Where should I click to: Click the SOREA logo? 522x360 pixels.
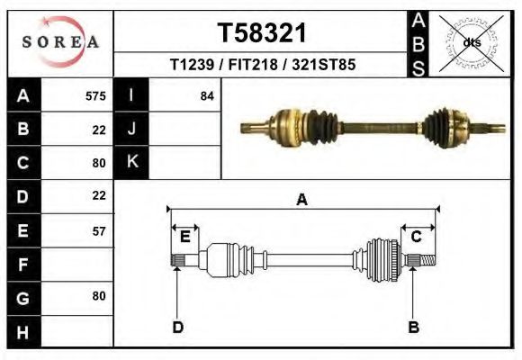(60, 42)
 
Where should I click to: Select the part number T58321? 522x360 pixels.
(263, 33)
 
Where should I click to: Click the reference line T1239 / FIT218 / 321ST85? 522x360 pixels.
(263, 66)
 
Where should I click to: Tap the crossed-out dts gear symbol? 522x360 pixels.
(471, 42)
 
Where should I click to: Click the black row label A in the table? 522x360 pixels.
(22, 96)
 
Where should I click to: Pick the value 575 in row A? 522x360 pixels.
(95, 96)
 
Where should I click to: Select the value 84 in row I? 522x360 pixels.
(206, 96)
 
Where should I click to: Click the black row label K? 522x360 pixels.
(132, 162)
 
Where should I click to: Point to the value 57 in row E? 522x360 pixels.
(99, 230)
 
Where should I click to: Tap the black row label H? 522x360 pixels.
(22, 333)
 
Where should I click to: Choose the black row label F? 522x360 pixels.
(22, 265)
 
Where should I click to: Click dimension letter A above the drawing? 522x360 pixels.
(302, 201)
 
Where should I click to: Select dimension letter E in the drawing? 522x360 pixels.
(184, 237)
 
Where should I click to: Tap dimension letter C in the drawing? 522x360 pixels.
(417, 237)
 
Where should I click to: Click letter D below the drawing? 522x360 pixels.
(178, 327)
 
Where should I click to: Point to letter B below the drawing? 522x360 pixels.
(414, 327)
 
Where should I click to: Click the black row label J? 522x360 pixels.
(132, 129)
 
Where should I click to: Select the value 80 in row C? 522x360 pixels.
(99, 163)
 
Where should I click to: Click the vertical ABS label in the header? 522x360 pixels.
(418, 43)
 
